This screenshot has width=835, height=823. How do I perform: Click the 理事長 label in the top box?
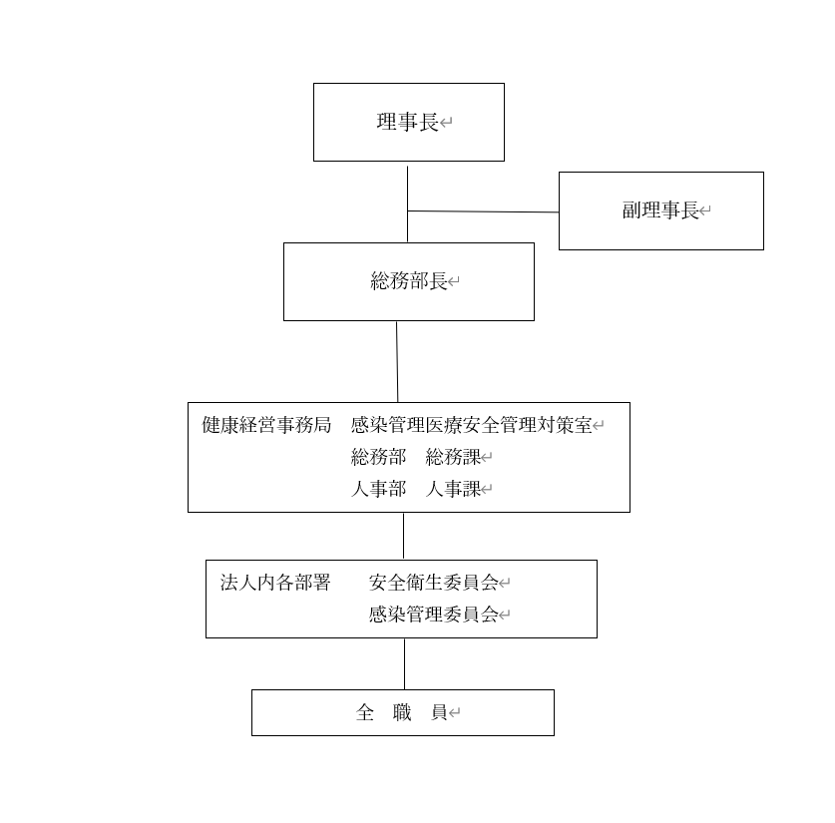pos(407,122)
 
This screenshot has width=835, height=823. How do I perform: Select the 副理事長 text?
pos(660,210)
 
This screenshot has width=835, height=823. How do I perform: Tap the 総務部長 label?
pos(408,281)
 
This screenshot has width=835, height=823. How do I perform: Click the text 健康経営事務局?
pos(266,425)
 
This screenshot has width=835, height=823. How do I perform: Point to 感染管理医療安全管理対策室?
pos(471,425)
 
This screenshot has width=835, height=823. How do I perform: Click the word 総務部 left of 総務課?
pos(379,457)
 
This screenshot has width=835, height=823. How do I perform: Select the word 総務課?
pos(453,457)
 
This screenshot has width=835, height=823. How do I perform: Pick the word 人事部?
pos(379,489)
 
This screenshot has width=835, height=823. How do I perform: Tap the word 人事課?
pos(453,489)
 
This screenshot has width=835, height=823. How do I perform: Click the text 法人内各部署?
pos(275,583)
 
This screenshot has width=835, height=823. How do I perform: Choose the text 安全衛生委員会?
pos(434,583)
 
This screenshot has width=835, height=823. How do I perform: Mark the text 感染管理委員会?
pos(434,615)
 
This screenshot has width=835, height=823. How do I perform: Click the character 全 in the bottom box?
pos(365,712)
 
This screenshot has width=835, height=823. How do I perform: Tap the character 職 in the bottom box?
pos(402,712)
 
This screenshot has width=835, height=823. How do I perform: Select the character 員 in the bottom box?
pos(439,712)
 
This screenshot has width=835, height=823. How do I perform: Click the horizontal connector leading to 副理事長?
pos(483,211)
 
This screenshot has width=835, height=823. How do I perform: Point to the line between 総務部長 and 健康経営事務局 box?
pos(397,361)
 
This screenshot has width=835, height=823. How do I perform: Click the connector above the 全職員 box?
pos(404,663)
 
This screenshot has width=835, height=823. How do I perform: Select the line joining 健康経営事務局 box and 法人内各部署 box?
pos(403,536)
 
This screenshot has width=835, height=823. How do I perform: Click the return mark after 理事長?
pos(446,123)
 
